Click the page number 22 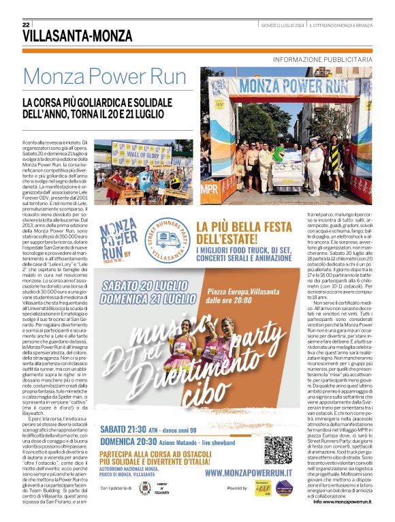pyautogui.click(x=26, y=25)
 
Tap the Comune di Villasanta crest pyautogui.click(x=144, y=489)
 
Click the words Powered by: pyautogui.click(x=238, y=489)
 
